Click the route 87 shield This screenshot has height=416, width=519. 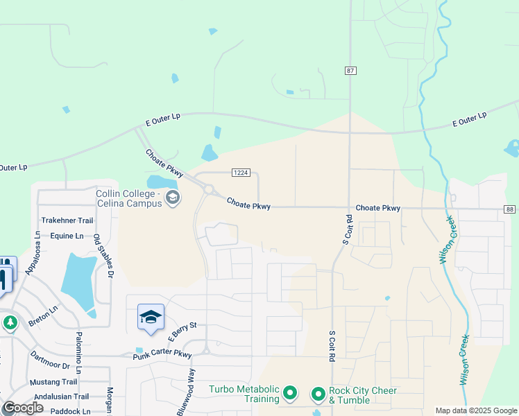point(350,71)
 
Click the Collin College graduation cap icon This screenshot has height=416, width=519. point(173,200)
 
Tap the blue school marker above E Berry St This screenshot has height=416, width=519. point(151,317)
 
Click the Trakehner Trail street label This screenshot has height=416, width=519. point(67,220)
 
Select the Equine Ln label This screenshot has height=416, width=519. point(67,236)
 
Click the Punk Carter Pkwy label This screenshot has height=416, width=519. point(162,355)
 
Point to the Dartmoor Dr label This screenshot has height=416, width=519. point(51,360)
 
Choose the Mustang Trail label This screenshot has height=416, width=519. point(54,381)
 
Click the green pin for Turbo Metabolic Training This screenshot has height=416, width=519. point(291,395)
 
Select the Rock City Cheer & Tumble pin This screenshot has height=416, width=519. point(318,395)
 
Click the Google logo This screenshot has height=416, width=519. point(23,408)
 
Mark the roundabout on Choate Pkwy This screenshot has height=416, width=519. point(208,189)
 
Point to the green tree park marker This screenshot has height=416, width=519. point(10,323)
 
